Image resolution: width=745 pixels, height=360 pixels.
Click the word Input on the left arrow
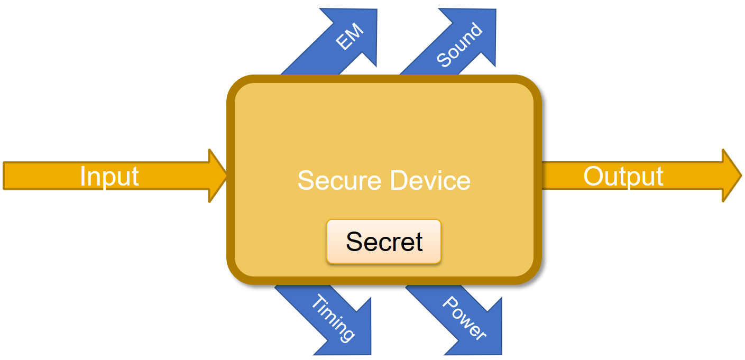click(x=109, y=176)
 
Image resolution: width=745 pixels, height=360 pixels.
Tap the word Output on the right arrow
click(x=623, y=176)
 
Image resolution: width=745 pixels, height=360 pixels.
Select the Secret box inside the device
click(x=384, y=242)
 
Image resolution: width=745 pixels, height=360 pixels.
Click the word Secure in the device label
click(x=339, y=180)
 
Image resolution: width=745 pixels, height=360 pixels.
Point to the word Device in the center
click(x=430, y=180)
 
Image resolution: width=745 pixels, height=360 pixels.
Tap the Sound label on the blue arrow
click(x=459, y=45)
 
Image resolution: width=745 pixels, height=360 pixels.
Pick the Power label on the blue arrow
click(x=464, y=318)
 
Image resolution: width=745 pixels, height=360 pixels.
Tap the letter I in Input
click(x=82, y=176)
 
